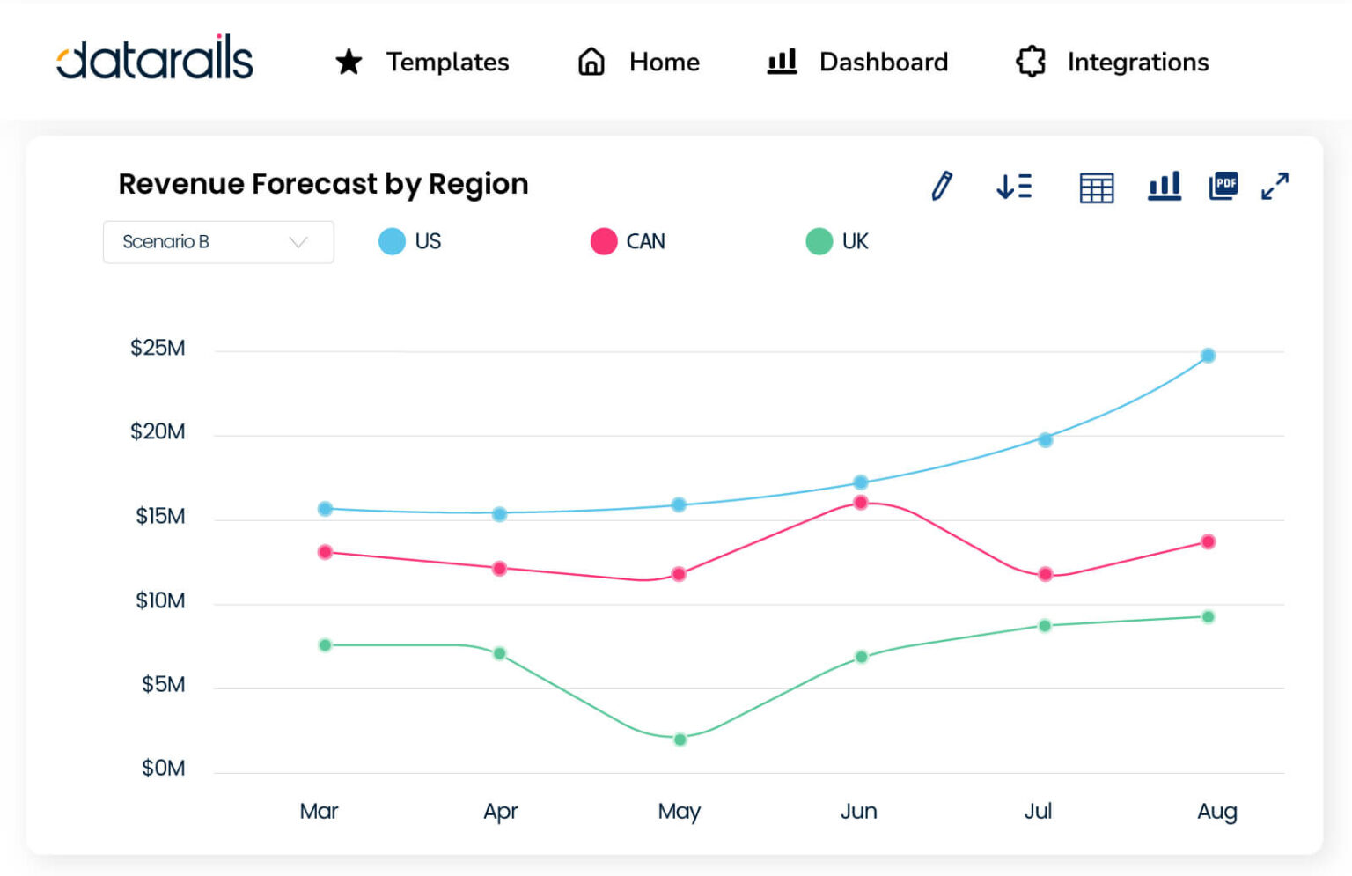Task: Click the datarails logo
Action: coord(155,59)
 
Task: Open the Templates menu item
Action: coord(422,62)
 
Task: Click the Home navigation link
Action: coord(639,62)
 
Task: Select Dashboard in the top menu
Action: coord(858,62)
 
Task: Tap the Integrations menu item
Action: coord(1113,62)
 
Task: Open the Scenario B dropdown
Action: coord(218,242)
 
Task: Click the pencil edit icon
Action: coord(942,186)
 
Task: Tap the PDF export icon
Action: coord(1223,186)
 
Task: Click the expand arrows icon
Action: coord(1275,186)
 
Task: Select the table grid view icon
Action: coord(1097,188)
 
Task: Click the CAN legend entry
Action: coord(628,241)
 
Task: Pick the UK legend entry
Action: coord(838,241)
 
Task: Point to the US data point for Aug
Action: coord(1209,356)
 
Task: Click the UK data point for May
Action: coord(680,740)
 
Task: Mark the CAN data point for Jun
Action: coord(861,503)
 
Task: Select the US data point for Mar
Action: coord(325,509)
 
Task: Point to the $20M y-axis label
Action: coord(158,431)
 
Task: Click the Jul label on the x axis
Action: coord(1038,811)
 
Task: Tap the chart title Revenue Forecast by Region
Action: coord(323,184)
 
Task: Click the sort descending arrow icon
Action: coord(1014,186)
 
